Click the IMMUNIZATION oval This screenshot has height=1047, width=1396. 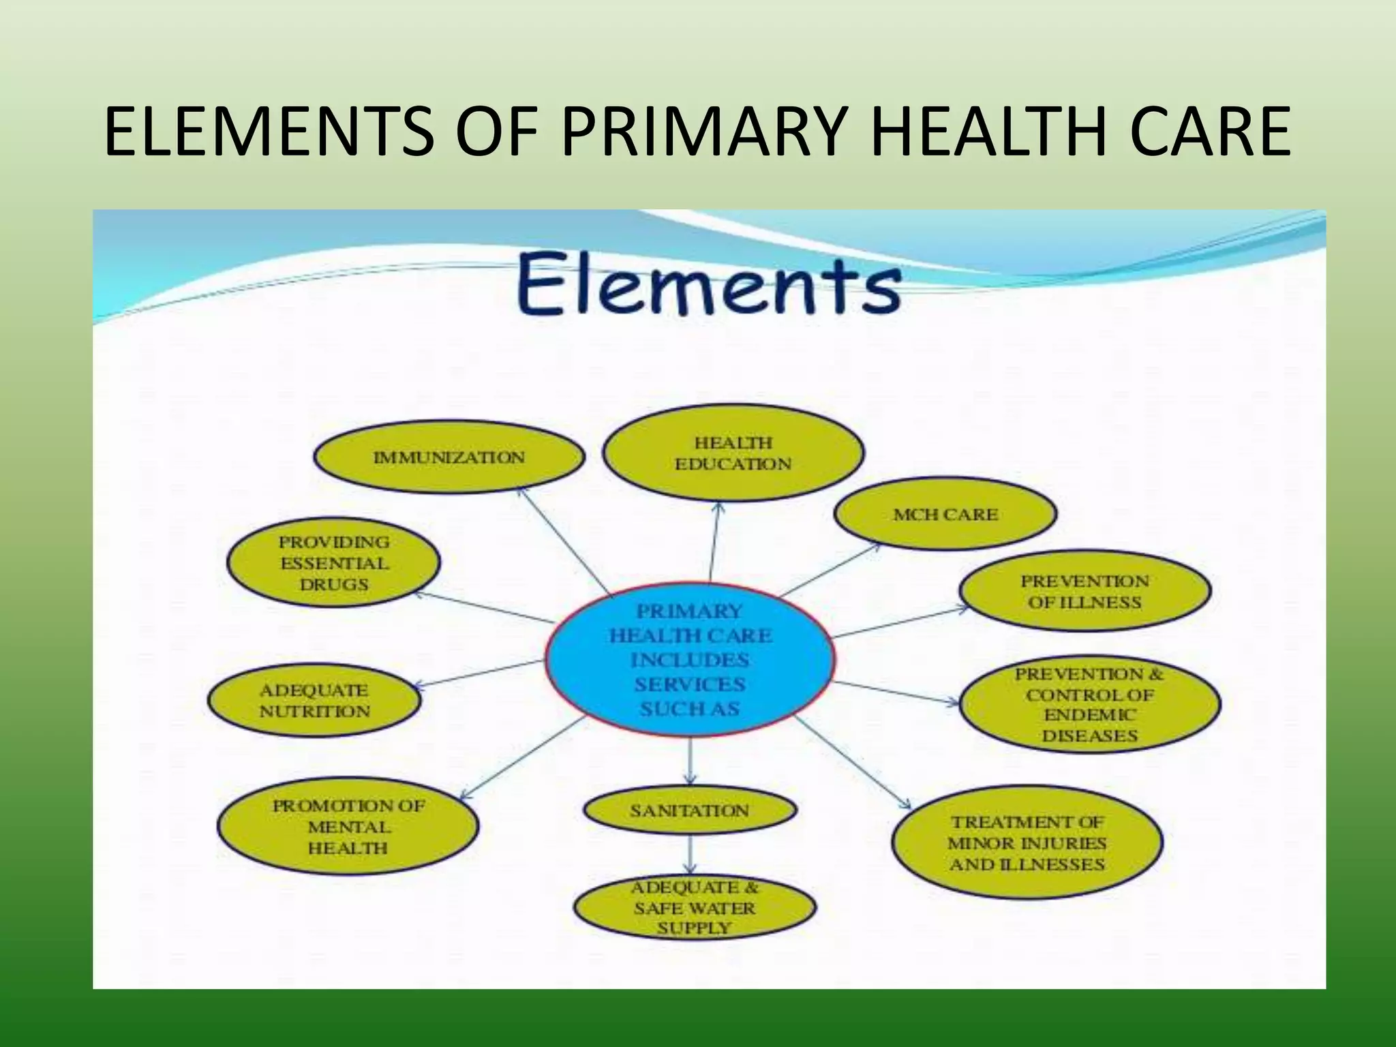[x=449, y=457]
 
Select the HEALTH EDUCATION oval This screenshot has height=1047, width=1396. [x=733, y=453]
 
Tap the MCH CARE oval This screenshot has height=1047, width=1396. [x=945, y=514]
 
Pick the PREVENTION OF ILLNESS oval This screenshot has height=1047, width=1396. [x=1084, y=591]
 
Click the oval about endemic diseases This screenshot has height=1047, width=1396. [x=1089, y=704]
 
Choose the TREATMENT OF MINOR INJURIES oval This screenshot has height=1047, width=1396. [x=1027, y=843]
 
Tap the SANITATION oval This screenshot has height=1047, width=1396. [x=690, y=810]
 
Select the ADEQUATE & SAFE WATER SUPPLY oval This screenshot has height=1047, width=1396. [x=694, y=907]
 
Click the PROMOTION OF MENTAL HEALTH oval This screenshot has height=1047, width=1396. [x=348, y=826]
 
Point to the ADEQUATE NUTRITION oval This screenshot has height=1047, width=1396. [x=314, y=701]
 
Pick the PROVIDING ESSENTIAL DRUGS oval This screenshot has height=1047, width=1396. [x=333, y=563]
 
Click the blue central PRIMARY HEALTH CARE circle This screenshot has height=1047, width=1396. [x=690, y=660]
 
